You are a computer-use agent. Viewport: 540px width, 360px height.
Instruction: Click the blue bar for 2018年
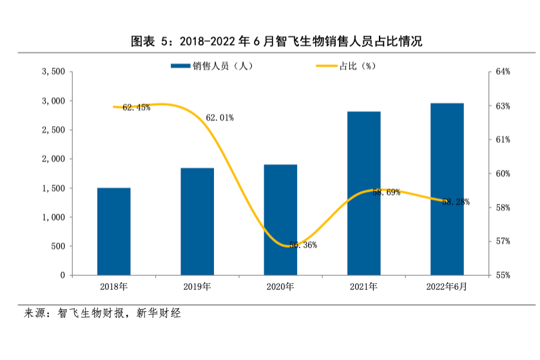[114, 231]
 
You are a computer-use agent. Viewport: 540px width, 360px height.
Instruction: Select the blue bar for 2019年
[197, 222]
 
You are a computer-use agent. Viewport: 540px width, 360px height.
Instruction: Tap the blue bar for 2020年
[280, 220]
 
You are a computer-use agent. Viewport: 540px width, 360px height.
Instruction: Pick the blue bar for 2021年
[364, 193]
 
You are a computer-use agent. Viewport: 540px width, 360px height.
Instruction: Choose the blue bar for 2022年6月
[447, 189]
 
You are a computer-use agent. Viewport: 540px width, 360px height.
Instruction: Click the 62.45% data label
[136, 108]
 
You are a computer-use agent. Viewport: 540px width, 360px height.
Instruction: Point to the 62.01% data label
[219, 118]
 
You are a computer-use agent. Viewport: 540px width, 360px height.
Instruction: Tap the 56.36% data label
[302, 245]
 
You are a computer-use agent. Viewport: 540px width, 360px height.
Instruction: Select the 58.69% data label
[386, 192]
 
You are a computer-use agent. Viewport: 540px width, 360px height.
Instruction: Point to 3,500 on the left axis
[52, 71]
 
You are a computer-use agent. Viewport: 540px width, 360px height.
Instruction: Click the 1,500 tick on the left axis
[52, 188]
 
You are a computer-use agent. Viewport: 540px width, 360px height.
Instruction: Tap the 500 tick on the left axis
[57, 246]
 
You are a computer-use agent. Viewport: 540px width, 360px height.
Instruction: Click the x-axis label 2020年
[280, 287]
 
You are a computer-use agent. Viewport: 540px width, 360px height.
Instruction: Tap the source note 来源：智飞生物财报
[102, 314]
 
